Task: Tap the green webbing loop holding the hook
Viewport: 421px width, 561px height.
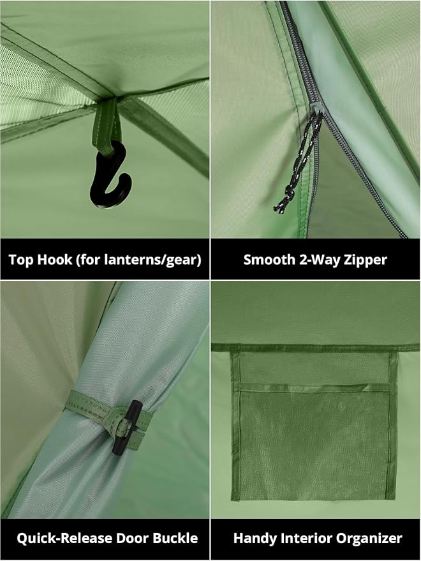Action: click(106, 125)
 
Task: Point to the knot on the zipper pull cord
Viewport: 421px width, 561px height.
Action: click(288, 196)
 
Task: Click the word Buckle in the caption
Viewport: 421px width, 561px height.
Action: click(175, 538)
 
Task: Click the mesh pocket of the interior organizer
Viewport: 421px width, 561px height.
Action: click(314, 443)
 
